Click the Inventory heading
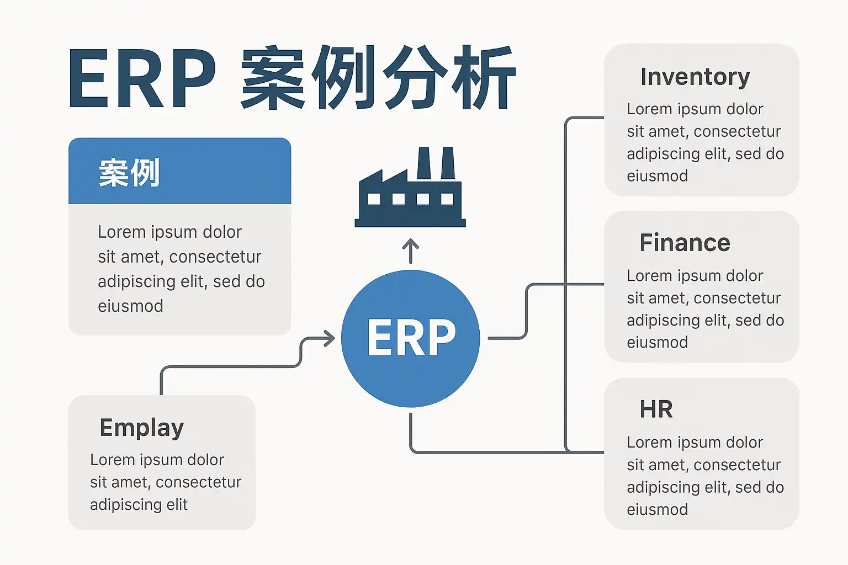[x=695, y=77]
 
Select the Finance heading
[x=685, y=243]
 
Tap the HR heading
[x=656, y=409]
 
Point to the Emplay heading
[x=141, y=428]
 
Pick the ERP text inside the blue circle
[x=411, y=338]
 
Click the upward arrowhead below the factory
[x=410, y=243]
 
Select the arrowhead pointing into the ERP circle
[x=330, y=338]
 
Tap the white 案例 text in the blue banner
[x=129, y=173]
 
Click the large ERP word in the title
[x=142, y=79]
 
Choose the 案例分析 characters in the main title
[x=378, y=78]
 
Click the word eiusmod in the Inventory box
[x=657, y=176]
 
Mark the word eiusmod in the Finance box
[x=657, y=343]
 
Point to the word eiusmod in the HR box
[x=657, y=509]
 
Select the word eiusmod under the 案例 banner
[x=130, y=306]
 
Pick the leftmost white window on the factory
[x=374, y=199]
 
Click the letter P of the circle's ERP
[x=440, y=338]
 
